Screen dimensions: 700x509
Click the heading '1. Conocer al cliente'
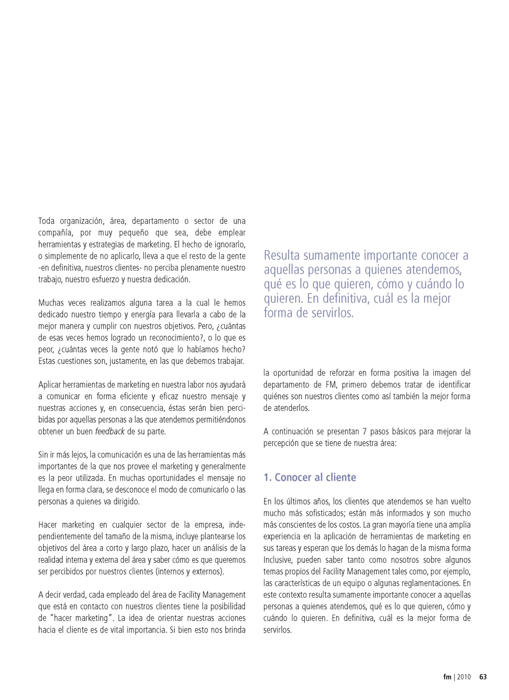coord(310,477)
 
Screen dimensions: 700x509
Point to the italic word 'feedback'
coord(110,431)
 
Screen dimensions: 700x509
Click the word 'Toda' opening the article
coord(46,221)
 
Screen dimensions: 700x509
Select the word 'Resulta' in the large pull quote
coord(282,255)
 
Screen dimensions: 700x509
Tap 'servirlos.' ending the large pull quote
coord(332,313)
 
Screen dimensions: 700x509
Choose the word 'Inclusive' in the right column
coord(278,560)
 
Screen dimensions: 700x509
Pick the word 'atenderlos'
coord(291,408)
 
